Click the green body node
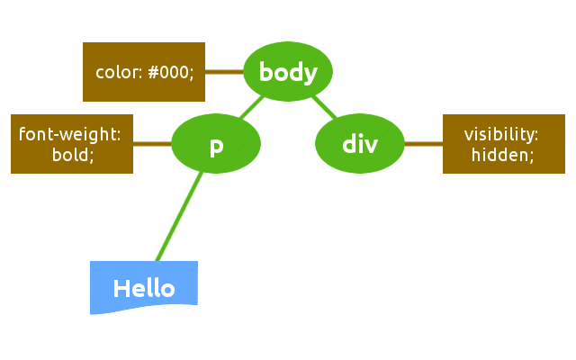(288, 72)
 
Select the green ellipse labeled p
(216, 144)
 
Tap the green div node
(360, 144)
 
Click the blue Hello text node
(144, 287)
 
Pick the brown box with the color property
(144, 72)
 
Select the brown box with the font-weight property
(72, 144)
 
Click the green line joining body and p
(253, 108)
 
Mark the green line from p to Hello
(180, 216)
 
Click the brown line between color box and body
(224, 72)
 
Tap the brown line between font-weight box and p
(152, 144)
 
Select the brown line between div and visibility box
(423, 144)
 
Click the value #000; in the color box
(170, 72)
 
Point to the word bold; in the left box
(73, 154)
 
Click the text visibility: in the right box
(501, 134)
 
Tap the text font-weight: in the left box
(70, 134)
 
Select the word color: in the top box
(119, 72)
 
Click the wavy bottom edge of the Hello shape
(144, 309)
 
